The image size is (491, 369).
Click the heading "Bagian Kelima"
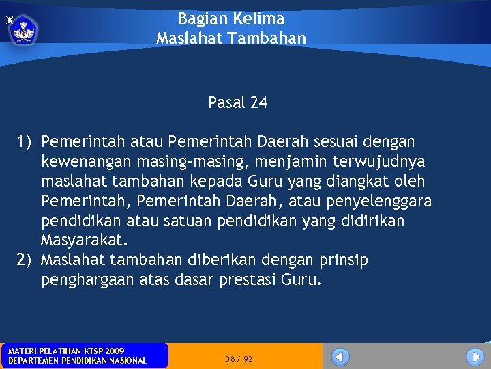point(231,18)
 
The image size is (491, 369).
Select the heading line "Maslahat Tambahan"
point(231,38)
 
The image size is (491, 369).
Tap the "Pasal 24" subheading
point(238,103)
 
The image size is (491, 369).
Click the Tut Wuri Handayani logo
point(24,31)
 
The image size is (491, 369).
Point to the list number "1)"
point(25,141)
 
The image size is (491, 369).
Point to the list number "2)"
point(25,260)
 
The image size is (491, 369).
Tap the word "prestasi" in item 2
point(248,280)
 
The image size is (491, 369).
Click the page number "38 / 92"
point(239,359)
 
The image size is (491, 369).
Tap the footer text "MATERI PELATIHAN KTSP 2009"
point(66,351)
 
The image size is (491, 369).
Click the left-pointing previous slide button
point(340,357)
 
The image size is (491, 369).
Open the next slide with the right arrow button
point(475,357)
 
